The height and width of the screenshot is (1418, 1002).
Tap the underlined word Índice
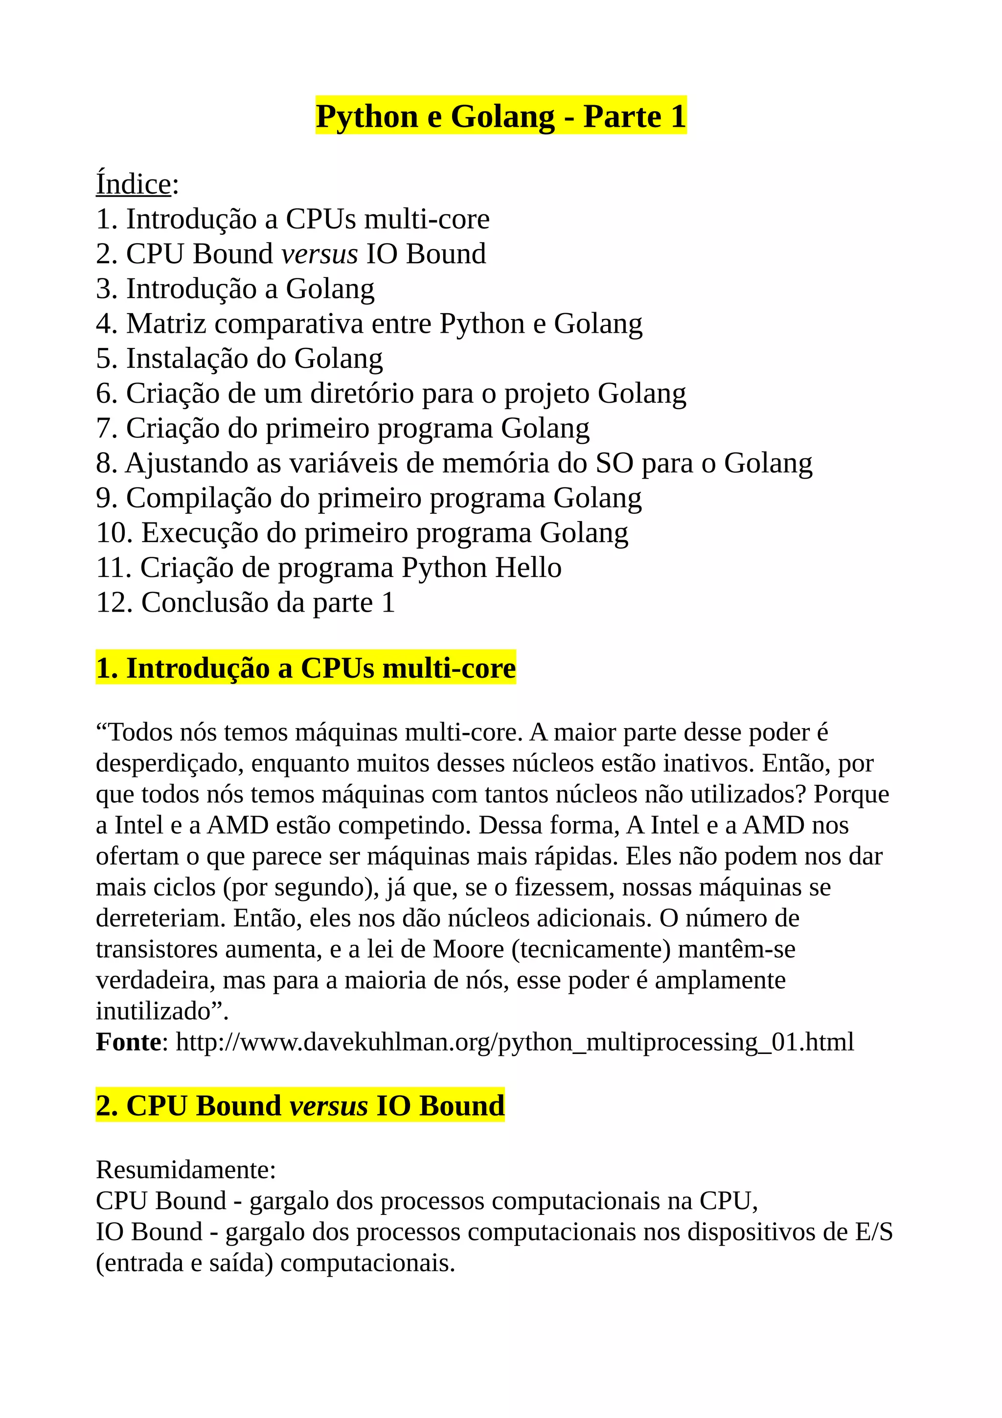click(x=134, y=184)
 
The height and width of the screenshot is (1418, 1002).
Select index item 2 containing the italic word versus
click(x=291, y=254)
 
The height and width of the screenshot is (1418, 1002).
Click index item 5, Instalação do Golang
click(x=240, y=359)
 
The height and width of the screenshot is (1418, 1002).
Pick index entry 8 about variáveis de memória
click(x=454, y=463)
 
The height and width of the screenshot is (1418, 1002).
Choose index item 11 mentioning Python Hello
click(x=328, y=568)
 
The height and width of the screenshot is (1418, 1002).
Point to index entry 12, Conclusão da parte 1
click(x=245, y=603)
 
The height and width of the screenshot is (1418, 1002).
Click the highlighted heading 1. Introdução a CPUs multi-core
click(x=306, y=668)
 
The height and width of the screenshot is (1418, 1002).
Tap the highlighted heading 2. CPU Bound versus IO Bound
click(x=300, y=1105)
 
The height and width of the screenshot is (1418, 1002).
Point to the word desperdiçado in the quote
click(x=169, y=763)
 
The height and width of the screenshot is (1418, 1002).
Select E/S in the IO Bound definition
click(x=874, y=1232)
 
